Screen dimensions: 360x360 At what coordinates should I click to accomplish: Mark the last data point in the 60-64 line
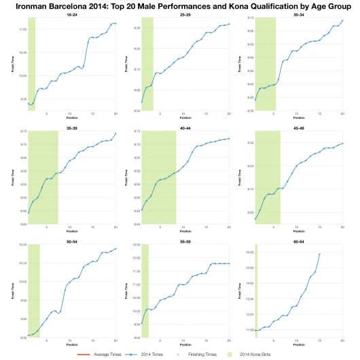(319, 254)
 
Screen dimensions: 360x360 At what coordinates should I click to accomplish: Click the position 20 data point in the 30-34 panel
(342, 20)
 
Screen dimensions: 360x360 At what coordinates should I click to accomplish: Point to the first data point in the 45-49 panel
(255, 219)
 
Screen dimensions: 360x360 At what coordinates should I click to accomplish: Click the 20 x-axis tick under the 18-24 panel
(115, 113)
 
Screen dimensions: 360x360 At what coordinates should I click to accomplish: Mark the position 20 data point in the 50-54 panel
(115, 249)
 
